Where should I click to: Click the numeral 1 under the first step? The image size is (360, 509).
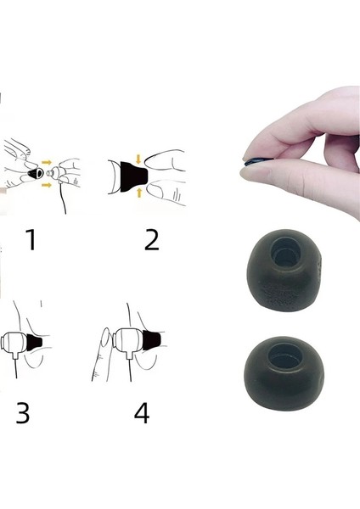(x=31, y=239)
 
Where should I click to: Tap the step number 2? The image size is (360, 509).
(x=152, y=239)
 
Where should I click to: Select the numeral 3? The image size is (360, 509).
(x=23, y=412)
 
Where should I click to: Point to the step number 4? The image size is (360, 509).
(x=142, y=412)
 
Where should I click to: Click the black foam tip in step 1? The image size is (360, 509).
(x=36, y=174)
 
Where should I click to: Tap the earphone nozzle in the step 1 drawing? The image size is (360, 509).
(x=49, y=173)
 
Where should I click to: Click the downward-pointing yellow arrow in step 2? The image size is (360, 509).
(x=138, y=159)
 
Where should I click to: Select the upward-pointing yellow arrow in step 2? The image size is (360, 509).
(x=139, y=193)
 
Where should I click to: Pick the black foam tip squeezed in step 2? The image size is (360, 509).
(x=133, y=176)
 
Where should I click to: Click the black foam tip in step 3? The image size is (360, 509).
(x=35, y=343)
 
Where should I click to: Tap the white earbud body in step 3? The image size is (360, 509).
(x=14, y=343)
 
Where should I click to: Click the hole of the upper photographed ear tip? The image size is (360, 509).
(x=286, y=253)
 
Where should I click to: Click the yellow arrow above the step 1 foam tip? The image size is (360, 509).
(x=47, y=162)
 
